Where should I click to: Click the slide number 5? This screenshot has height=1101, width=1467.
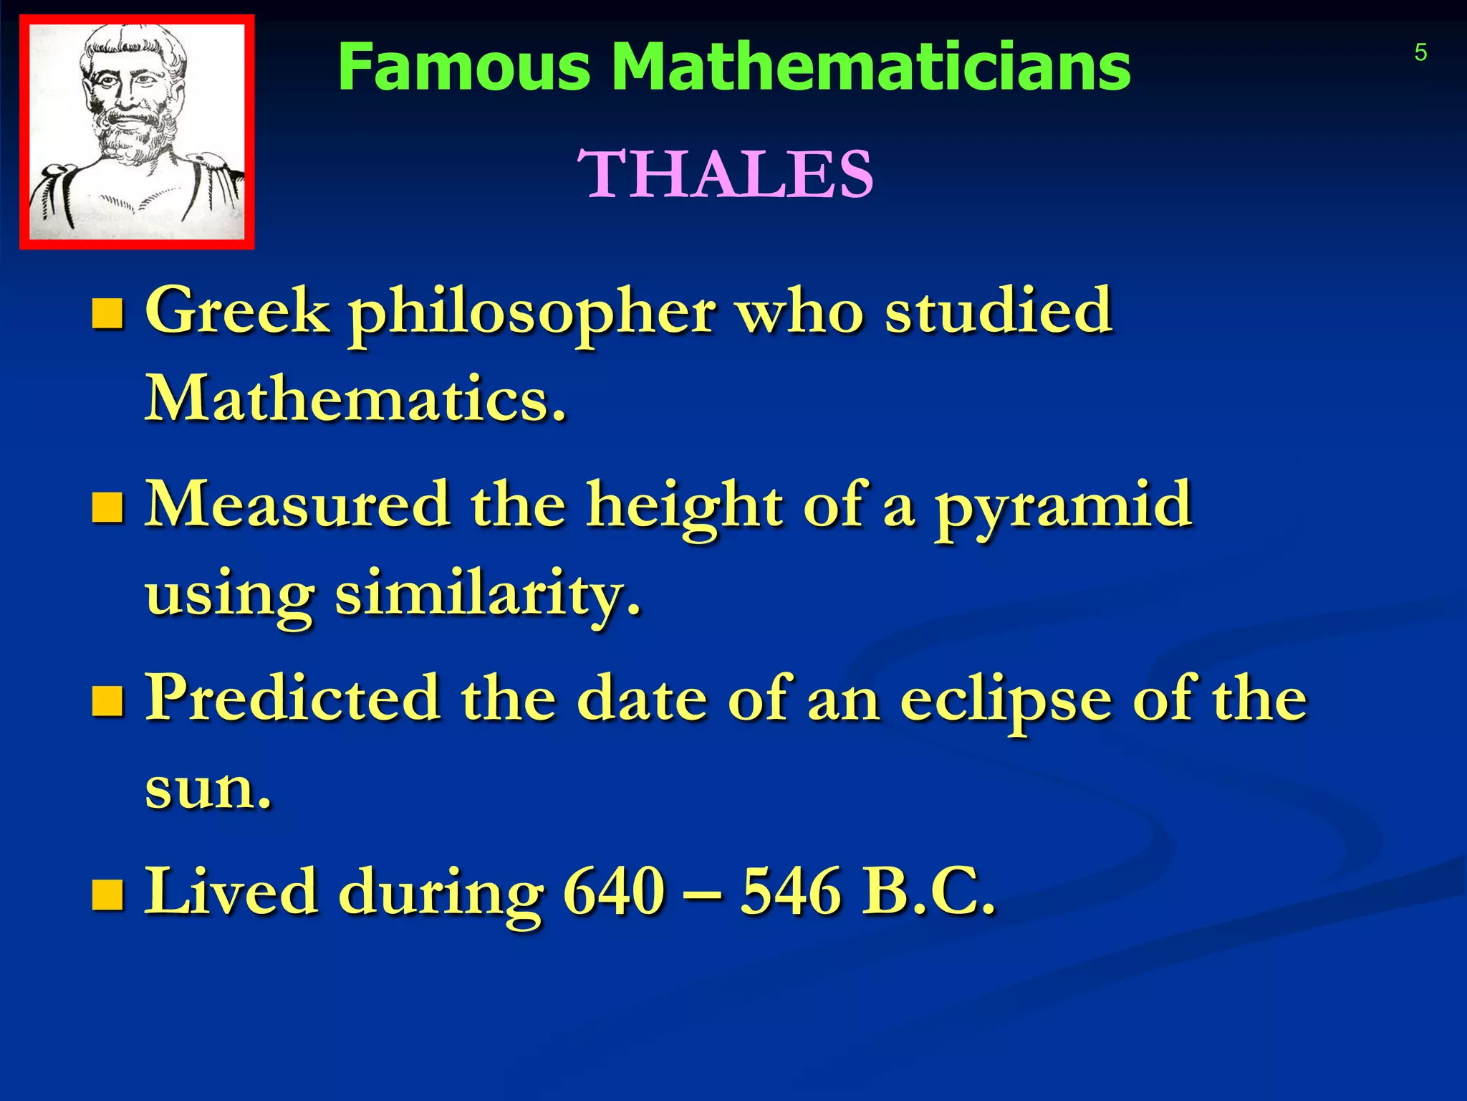(1420, 53)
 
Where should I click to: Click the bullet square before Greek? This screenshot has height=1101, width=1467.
(107, 313)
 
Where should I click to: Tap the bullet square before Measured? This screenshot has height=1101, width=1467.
(107, 507)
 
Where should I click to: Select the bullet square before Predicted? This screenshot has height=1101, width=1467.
(107, 701)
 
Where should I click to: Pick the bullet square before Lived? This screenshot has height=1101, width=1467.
(107, 895)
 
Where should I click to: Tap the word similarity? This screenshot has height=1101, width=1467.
(487, 594)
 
